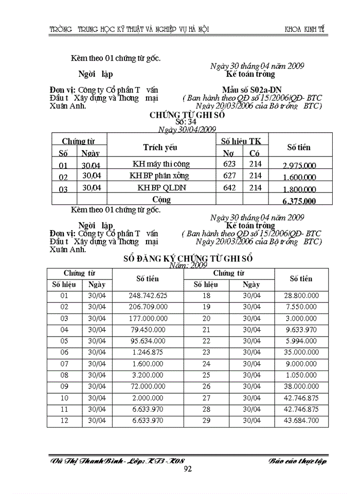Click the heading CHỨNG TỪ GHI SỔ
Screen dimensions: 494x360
click(187, 115)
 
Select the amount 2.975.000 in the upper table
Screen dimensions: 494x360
click(299, 165)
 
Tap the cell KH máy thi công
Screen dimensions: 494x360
click(161, 164)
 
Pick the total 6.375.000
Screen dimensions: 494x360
click(299, 201)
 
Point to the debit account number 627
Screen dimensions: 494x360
click(229, 176)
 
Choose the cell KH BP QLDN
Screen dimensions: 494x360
click(161, 188)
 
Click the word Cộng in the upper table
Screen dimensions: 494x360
click(161, 199)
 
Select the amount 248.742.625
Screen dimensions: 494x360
click(148, 296)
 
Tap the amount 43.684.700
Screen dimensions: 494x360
click(300, 420)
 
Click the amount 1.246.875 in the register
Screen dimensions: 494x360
click(148, 352)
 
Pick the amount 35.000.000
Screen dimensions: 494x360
click(300, 352)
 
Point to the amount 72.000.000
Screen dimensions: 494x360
click(148, 386)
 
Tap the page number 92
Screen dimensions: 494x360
click(188, 469)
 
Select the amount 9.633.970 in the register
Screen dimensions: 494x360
click(300, 330)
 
